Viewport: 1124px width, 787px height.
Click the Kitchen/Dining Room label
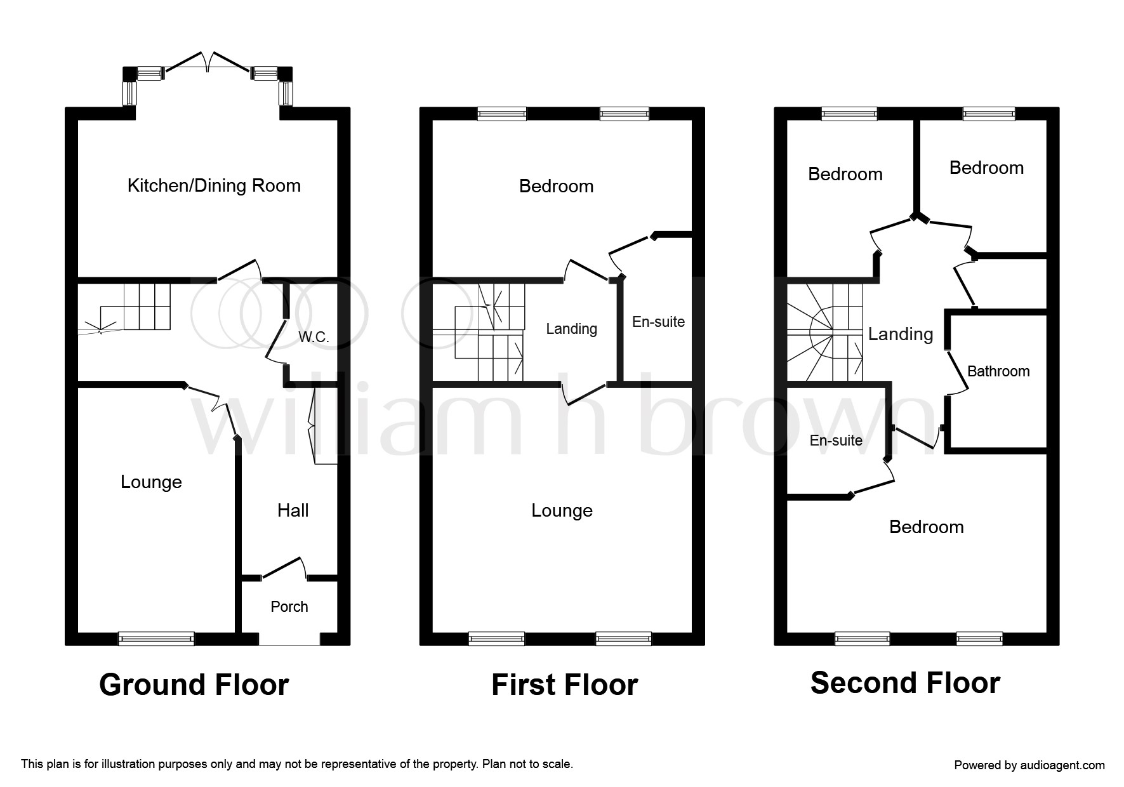(214, 186)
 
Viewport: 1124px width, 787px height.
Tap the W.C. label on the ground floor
(314, 337)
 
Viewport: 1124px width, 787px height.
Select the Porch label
(289, 607)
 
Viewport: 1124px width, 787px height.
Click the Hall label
(293, 510)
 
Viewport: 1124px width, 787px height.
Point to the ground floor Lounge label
(151, 482)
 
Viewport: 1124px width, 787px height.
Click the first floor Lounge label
(562, 511)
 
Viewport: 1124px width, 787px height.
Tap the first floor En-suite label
(658, 322)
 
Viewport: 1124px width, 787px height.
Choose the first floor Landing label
(572, 329)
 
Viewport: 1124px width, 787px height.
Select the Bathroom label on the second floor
(998, 371)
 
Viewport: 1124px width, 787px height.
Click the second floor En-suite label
(836, 440)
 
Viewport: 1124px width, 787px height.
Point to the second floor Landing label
(901, 334)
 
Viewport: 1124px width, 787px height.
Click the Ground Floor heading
(194, 685)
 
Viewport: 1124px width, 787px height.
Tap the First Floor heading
(565, 685)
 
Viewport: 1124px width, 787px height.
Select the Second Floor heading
(906, 683)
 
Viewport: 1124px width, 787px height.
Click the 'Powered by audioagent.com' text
(1029, 765)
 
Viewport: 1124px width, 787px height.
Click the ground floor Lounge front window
(156, 638)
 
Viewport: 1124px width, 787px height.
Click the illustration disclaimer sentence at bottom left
(297, 764)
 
